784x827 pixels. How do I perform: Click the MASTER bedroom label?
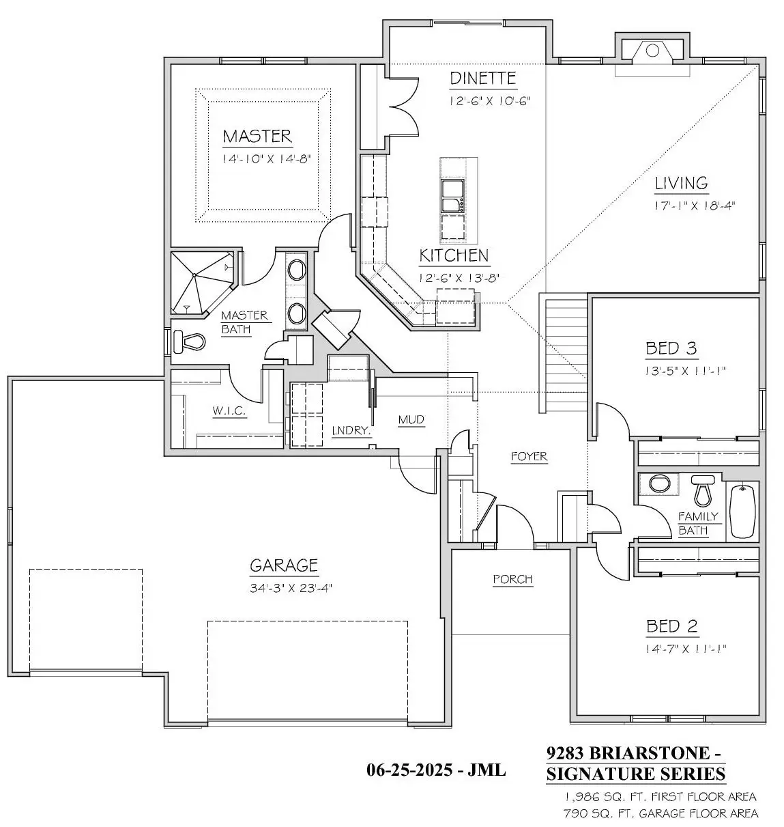[x=257, y=137]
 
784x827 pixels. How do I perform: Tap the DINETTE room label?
[x=483, y=79]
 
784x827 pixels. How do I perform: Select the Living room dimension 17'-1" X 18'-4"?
[x=694, y=206]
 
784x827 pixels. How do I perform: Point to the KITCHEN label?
[x=454, y=256]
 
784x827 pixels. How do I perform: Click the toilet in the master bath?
[x=188, y=341]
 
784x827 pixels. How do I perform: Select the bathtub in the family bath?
[x=742, y=511]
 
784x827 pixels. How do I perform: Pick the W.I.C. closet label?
[x=229, y=410]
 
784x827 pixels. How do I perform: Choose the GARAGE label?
[x=284, y=565]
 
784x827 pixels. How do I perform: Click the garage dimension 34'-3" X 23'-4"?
[x=291, y=588]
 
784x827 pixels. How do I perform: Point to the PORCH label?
[x=512, y=579]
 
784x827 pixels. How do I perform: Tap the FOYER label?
[x=529, y=456]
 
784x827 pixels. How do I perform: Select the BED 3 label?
[x=671, y=348]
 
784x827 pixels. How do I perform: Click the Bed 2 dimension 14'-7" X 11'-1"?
[x=686, y=649]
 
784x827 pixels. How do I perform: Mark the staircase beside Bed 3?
[x=566, y=355]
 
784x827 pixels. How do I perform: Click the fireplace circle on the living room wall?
[x=652, y=51]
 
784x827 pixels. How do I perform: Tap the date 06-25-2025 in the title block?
[x=409, y=770]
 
